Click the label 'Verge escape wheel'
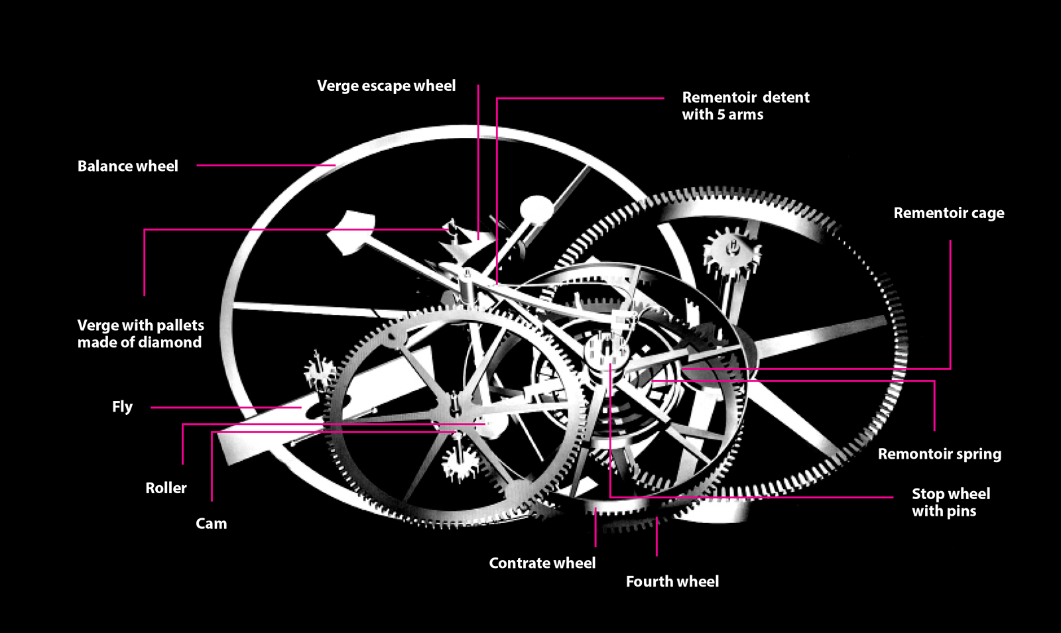386,86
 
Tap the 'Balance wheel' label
127,166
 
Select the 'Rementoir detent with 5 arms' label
745,106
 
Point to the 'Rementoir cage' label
948,213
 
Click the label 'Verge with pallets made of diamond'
140,334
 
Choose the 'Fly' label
122,407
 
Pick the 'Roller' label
166,489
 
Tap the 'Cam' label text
211,524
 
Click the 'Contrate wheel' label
542,563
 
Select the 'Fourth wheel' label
672,582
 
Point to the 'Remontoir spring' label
939,454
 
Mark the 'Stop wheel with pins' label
950,502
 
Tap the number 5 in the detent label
721,115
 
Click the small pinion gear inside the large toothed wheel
731,252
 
